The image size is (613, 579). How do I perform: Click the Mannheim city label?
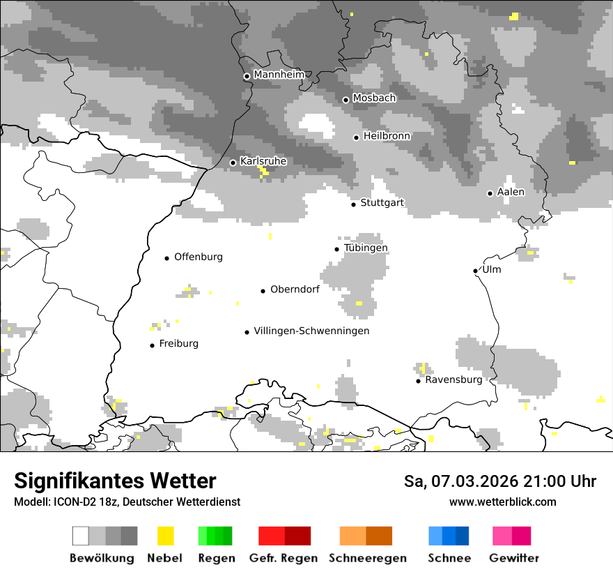click(x=279, y=75)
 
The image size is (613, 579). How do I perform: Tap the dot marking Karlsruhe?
click(x=233, y=163)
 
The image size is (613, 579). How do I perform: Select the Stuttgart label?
click(x=382, y=203)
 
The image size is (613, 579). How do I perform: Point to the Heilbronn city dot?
click(x=356, y=137)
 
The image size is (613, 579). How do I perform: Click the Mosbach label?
click(x=374, y=98)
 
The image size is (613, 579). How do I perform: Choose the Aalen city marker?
click(x=490, y=193)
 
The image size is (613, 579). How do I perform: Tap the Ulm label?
click(x=492, y=270)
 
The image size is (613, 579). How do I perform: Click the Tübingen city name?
click(x=366, y=248)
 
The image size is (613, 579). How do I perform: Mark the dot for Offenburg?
click(x=167, y=258)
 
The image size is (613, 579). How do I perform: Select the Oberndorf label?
click(x=295, y=289)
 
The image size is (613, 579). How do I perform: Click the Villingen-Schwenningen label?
click(x=311, y=331)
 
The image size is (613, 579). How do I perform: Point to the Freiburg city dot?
click(x=152, y=345)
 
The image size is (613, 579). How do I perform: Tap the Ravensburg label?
click(x=453, y=380)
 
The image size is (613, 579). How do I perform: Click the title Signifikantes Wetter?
click(x=115, y=481)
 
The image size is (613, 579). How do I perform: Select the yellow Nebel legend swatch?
click(x=166, y=536)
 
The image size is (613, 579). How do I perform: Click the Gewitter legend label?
click(x=514, y=558)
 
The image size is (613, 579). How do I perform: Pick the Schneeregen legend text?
click(x=368, y=558)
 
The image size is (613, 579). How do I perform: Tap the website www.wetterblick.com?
click(x=502, y=502)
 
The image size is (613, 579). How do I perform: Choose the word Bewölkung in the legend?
click(x=102, y=558)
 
